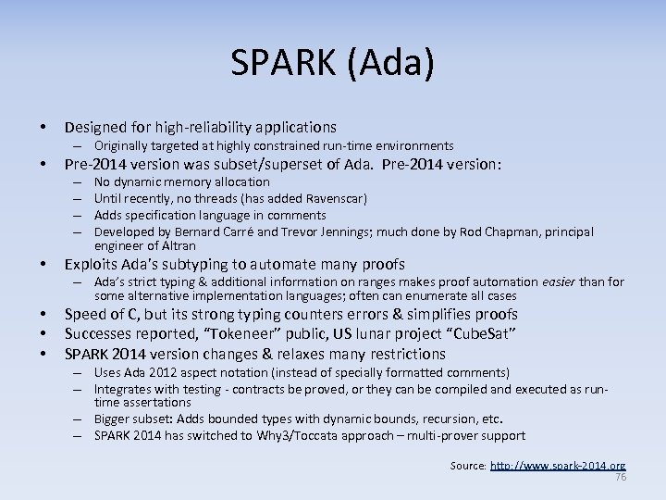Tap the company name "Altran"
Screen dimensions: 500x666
coord(176,245)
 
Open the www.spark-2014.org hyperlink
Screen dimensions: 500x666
coord(559,466)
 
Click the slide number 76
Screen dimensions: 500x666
coord(621,477)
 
